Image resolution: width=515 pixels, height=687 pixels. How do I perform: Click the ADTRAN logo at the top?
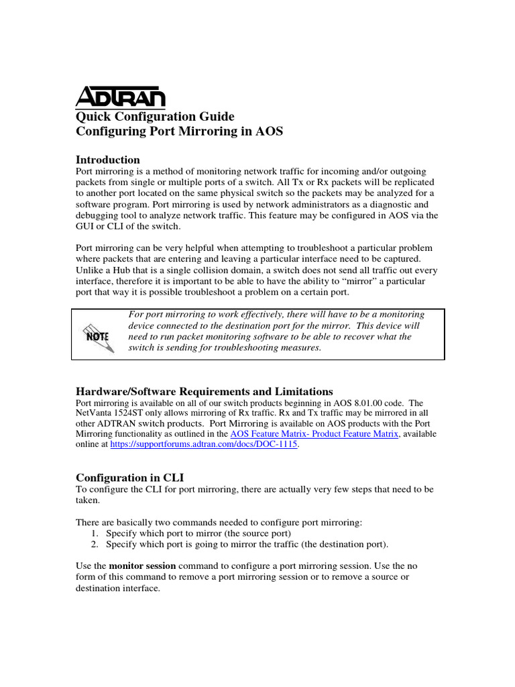[x=120, y=98]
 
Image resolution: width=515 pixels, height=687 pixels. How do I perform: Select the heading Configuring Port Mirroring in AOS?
[x=179, y=131]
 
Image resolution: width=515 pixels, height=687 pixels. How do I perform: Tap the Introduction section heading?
[x=108, y=160]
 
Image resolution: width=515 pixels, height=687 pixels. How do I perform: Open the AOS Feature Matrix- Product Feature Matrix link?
[x=314, y=434]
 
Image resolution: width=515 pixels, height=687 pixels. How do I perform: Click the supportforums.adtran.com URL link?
[x=204, y=444]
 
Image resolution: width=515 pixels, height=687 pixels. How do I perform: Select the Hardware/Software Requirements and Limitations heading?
[x=204, y=391]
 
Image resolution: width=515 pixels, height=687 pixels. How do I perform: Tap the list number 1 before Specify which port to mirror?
[x=95, y=533]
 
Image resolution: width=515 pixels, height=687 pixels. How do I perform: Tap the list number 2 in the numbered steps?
[x=95, y=543]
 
